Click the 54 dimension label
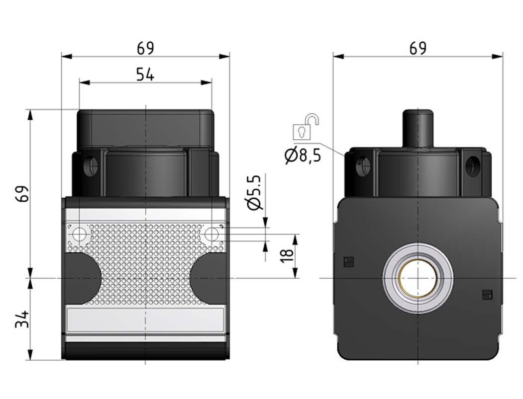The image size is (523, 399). click(x=145, y=74)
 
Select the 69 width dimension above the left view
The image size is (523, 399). click(x=146, y=48)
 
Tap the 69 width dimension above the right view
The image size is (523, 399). click(x=418, y=48)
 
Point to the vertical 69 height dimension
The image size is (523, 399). click(x=23, y=193)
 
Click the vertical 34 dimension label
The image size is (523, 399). click(x=23, y=319)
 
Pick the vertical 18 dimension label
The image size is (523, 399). click(x=287, y=255)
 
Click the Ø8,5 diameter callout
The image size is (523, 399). click(x=303, y=155)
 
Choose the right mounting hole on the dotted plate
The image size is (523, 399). click(x=211, y=235)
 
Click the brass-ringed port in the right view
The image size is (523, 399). click(x=418, y=278)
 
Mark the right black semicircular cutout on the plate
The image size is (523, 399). click(x=209, y=278)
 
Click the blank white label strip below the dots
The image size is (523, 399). click(x=145, y=319)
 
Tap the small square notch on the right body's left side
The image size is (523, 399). click(x=349, y=262)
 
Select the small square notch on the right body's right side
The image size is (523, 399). click(x=487, y=295)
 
